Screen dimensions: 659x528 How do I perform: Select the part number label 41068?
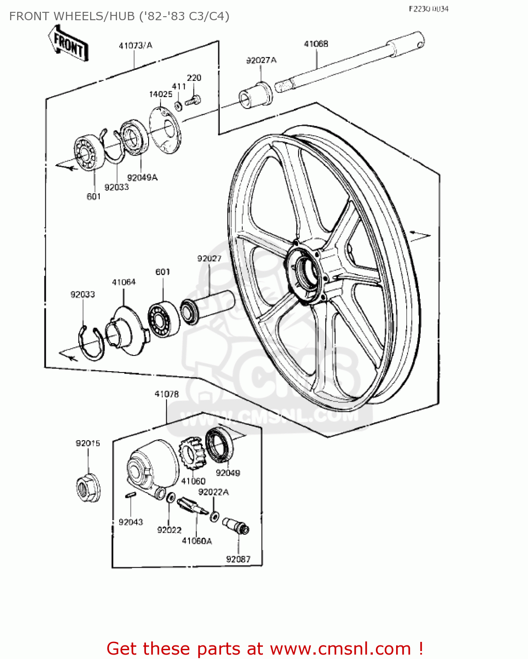point(316,44)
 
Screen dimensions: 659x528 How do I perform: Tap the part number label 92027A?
point(261,60)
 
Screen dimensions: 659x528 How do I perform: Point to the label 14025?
point(160,94)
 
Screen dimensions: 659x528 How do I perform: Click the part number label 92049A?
point(142,177)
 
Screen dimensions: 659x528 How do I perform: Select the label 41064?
point(124,282)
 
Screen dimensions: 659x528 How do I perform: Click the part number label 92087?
point(238,559)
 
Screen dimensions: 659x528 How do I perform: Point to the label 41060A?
point(197,541)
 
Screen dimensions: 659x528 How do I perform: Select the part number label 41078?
point(167,395)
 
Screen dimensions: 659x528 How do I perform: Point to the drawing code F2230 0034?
point(428,9)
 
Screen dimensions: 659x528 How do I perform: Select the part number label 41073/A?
point(135,45)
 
